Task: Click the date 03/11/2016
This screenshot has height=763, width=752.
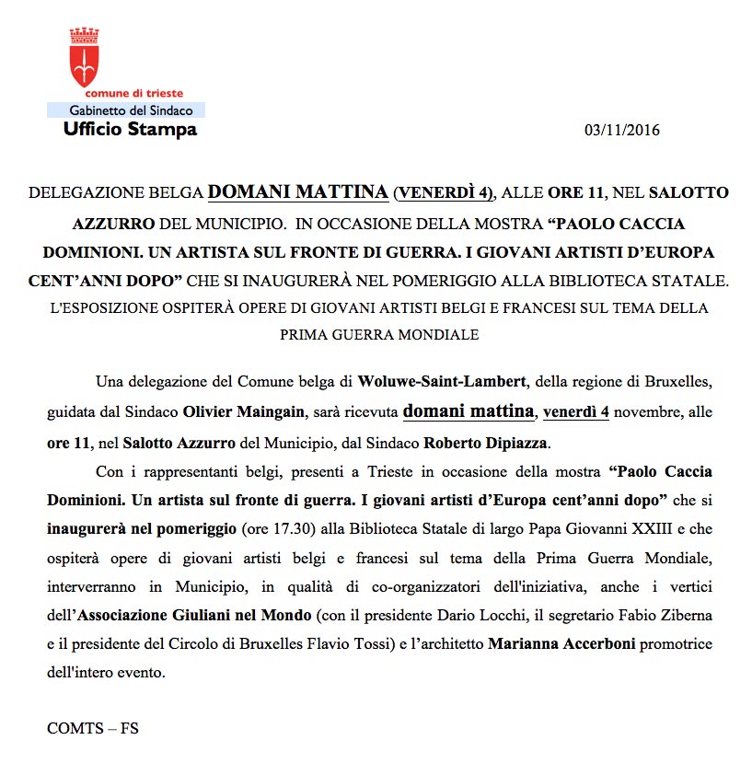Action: point(622,130)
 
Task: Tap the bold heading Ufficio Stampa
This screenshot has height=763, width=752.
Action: point(130,130)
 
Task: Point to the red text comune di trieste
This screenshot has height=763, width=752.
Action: point(133,94)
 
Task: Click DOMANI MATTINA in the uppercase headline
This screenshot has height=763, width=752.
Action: point(297,192)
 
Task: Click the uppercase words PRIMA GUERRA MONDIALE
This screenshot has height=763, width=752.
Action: point(379,335)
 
